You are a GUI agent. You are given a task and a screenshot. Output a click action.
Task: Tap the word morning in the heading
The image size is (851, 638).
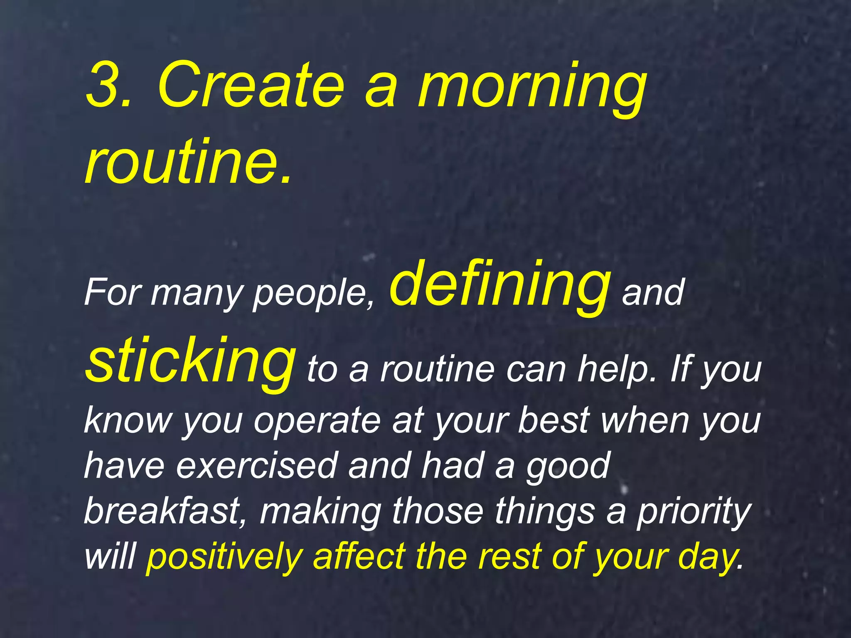point(532,89)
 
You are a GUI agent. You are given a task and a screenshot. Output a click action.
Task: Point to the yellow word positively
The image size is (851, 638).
point(224,557)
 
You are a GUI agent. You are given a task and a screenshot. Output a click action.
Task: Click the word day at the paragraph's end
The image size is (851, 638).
point(707,557)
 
